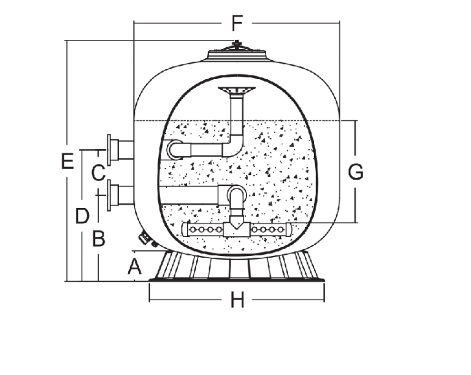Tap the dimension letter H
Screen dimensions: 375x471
tap(237, 301)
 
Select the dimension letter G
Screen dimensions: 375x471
tap(356, 172)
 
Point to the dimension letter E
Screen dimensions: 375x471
tap(67, 161)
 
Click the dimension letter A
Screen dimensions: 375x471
tap(134, 266)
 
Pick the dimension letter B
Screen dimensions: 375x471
tap(99, 238)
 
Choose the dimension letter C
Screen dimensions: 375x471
tap(98, 173)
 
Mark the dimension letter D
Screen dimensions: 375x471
tap(82, 215)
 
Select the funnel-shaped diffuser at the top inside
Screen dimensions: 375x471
tap(236, 93)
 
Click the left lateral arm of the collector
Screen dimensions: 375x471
tap(204, 230)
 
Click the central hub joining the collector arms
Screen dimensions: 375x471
tap(236, 229)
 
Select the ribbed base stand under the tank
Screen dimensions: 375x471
tap(237, 268)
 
